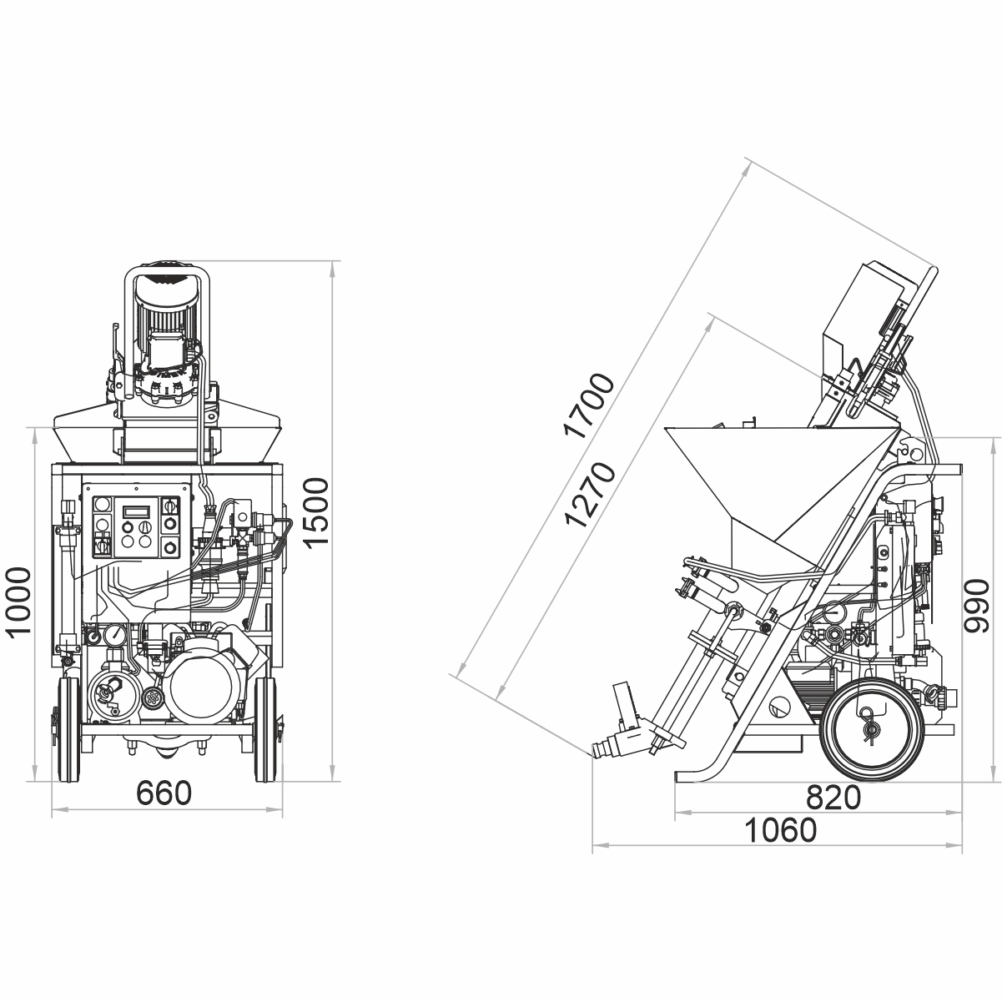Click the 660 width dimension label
(164, 794)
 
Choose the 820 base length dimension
(833, 798)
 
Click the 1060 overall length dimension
(780, 830)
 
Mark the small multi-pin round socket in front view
(152, 699)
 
